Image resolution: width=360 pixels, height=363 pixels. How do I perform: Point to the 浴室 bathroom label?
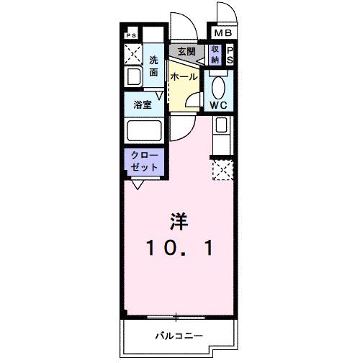point(142,104)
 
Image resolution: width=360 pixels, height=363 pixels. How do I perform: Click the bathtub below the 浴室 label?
point(144,132)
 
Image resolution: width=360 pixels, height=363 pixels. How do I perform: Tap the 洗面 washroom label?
point(154,66)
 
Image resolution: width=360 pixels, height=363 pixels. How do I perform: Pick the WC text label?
point(220,105)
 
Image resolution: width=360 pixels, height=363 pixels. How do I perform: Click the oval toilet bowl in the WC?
point(220,86)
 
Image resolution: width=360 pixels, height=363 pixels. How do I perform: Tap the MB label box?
point(222,32)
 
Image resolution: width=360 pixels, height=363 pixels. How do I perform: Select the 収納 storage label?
point(215,54)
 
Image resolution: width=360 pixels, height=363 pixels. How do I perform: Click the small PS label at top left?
point(131,35)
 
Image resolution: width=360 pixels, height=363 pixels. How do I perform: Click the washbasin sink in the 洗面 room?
point(135,77)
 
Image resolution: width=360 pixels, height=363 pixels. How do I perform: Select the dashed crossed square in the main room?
point(222,169)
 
